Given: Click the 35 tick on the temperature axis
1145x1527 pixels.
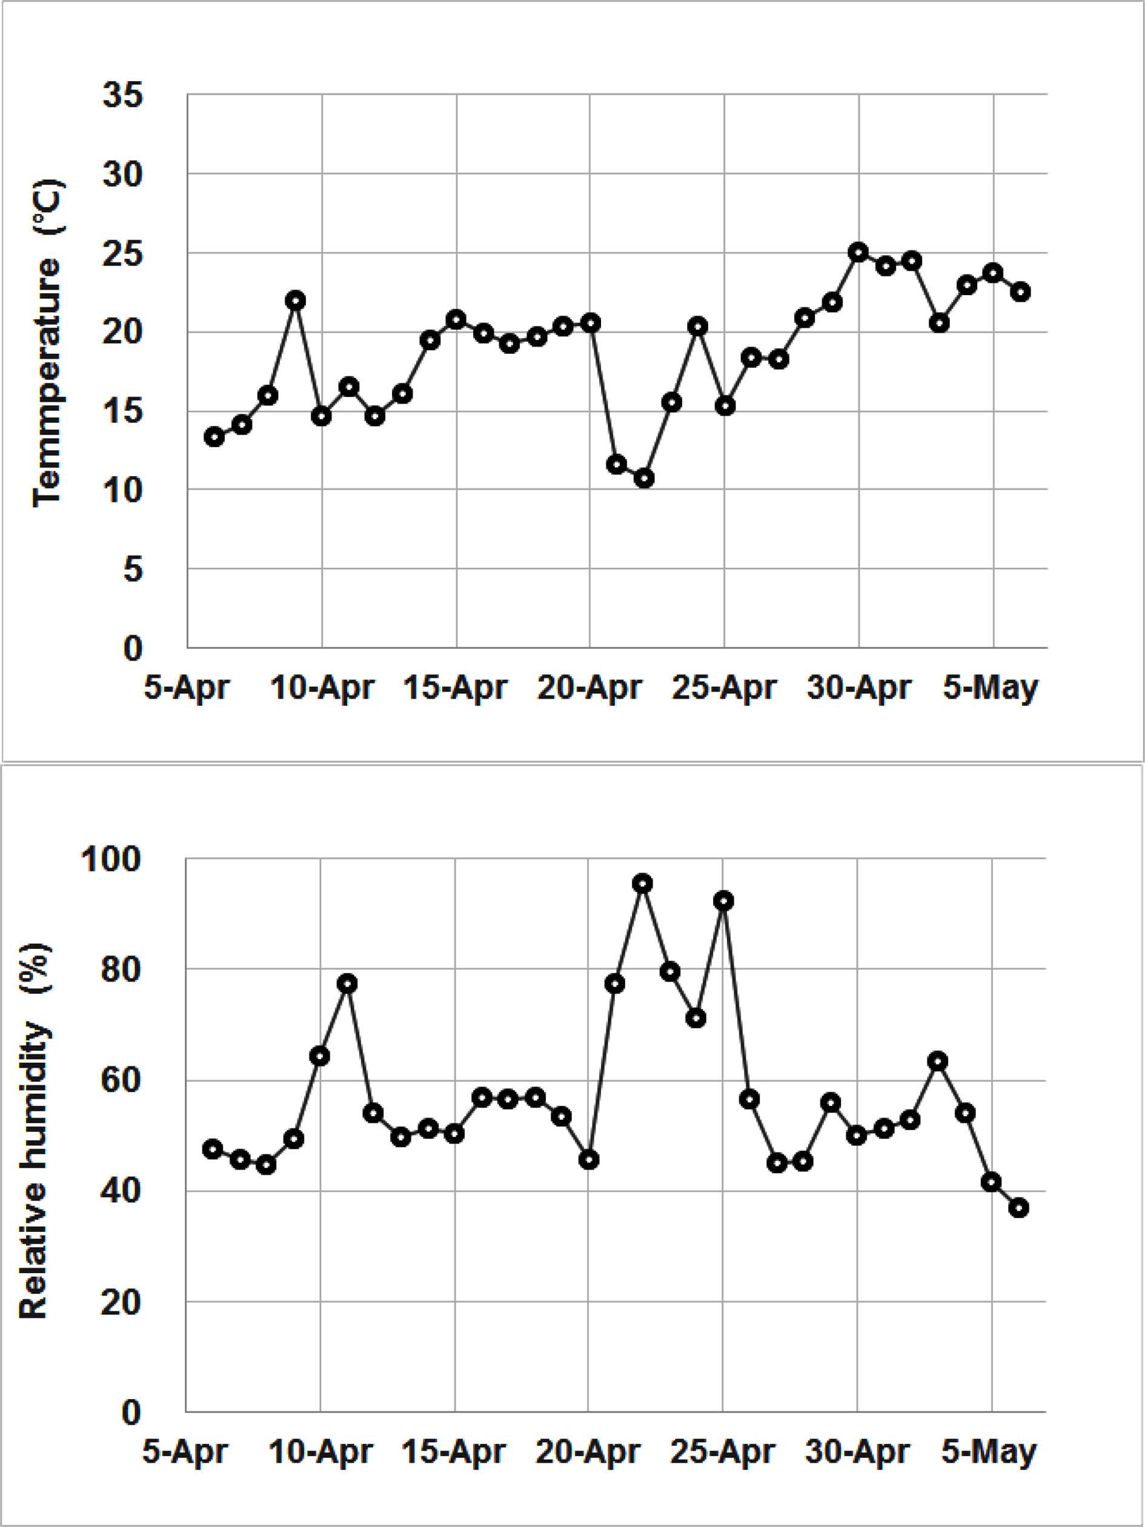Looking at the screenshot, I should (x=123, y=95).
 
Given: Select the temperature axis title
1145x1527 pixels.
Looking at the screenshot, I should (x=48, y=343).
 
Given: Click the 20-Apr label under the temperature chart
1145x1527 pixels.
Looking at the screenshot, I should (x=589, y=688).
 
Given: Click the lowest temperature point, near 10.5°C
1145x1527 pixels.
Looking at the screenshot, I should (x=644, y=478).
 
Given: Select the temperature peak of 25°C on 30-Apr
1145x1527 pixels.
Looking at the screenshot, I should (x=858, y=253).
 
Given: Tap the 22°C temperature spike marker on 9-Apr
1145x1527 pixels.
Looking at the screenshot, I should (x=296, y=301).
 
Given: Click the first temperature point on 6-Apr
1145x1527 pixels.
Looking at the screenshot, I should (x=214, y=436).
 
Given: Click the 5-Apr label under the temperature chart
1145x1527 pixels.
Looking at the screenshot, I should (x=187, y=688).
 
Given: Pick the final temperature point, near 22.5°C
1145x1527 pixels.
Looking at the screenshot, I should (x=1021, y=292).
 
